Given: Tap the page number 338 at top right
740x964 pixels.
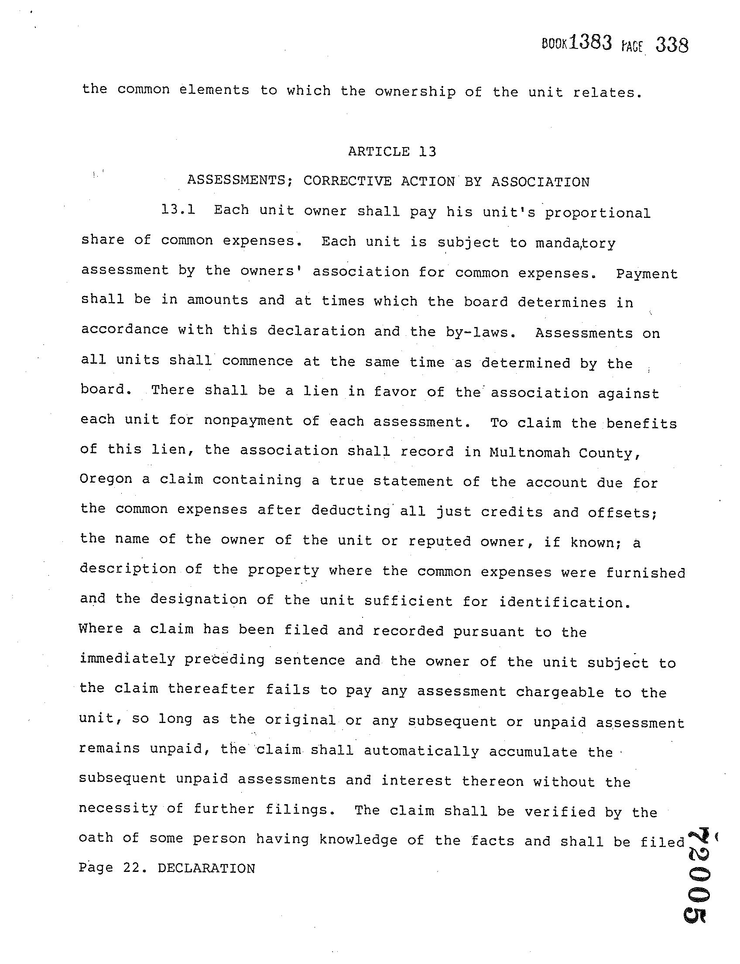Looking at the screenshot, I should (672, 45).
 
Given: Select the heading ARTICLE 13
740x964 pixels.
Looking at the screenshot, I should (391, 151).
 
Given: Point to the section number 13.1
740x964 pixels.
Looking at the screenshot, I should (178, 210).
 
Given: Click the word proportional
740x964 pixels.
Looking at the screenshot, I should (597, 213).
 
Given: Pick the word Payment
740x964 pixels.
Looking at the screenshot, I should (647, 274).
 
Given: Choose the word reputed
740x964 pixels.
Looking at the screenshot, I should (439, 541).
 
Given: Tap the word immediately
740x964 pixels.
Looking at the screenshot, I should (127, 659).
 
